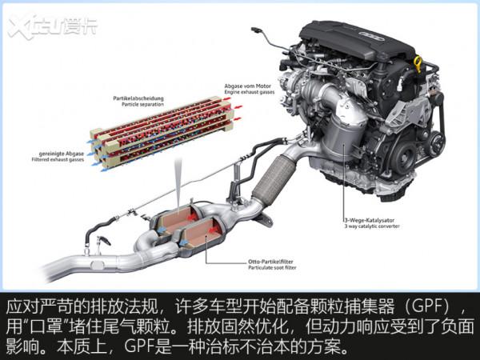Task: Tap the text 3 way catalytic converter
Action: click(x=362, y=226)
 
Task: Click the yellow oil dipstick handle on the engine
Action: click(x=417, y=62)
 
